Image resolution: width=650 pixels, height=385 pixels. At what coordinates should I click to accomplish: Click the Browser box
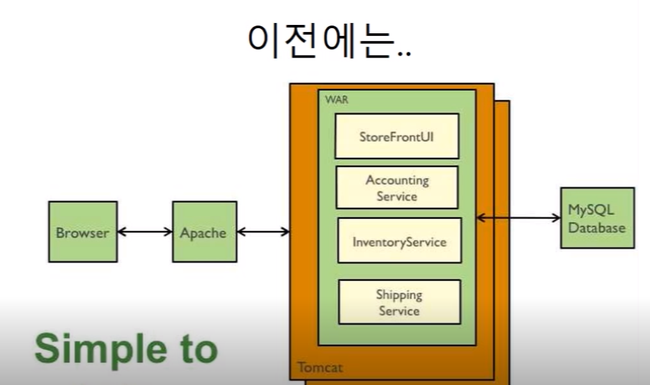[82, 232]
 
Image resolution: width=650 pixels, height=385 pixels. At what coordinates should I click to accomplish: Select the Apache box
[204, 232]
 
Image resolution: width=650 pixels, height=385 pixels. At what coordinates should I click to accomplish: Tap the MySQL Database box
[597, 218]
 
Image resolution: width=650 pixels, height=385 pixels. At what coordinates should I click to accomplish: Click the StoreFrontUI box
[397, 136]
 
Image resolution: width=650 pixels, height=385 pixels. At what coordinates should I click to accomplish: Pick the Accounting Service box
[397, 188]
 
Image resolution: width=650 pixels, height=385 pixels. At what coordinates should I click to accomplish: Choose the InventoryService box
[399, 241]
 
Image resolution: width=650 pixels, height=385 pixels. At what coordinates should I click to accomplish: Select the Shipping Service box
[399, 302]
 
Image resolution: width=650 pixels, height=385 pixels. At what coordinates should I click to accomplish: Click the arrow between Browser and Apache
[144, 232]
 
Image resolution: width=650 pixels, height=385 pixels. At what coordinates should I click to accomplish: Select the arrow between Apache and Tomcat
[263, 232]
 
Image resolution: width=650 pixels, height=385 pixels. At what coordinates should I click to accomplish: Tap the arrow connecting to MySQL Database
[518, 218]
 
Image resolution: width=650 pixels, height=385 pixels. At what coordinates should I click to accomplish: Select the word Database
[597, 227]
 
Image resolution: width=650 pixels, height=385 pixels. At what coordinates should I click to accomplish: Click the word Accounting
[397, 180]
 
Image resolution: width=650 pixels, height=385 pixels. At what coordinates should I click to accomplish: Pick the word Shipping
[399, 295]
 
